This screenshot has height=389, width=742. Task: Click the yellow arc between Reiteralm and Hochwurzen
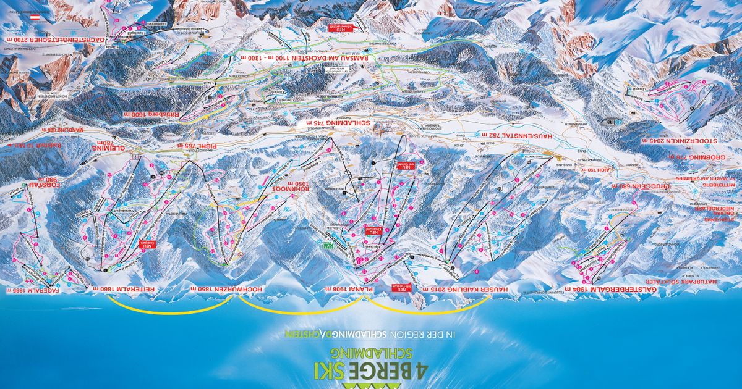pos(172,309)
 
